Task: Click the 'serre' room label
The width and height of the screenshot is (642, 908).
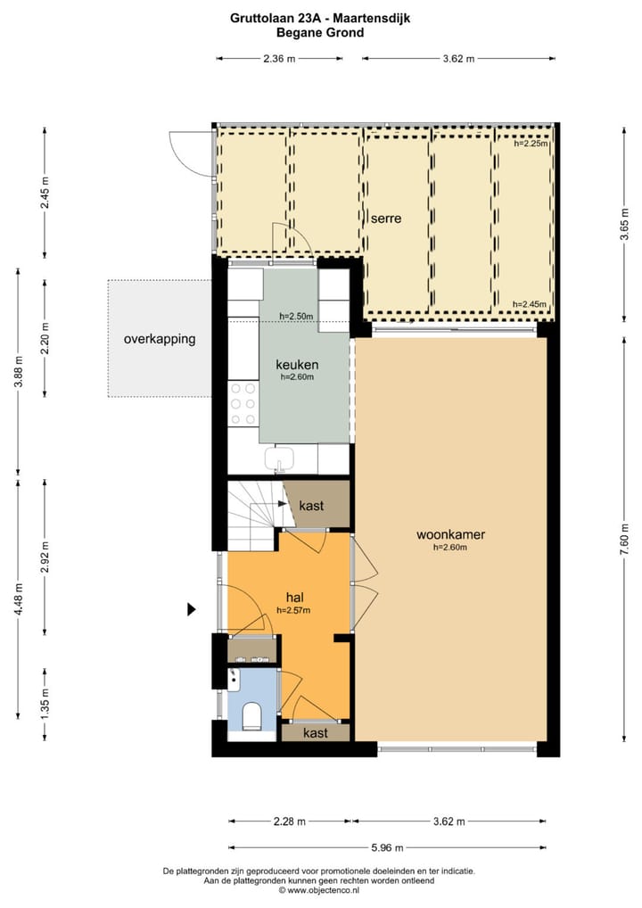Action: tap(386, 218)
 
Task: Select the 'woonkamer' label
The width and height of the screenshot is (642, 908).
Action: tap(450, 535)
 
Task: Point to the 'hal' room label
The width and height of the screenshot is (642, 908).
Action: tap(296, 596)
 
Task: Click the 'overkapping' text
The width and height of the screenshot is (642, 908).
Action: tap(160, 339)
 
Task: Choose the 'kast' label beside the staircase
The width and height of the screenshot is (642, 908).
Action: tap(311, 506)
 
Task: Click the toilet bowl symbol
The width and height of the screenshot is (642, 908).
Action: tap(251, 714)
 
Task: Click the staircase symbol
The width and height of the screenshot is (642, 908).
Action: tap(254, 516)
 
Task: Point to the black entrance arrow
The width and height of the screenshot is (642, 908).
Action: tap(191, 610)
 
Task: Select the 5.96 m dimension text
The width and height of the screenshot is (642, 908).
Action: tap(386, 848)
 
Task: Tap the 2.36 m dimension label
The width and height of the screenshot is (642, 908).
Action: tap(279, 59)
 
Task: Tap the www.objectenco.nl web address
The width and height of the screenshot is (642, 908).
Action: tap(319, 889)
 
